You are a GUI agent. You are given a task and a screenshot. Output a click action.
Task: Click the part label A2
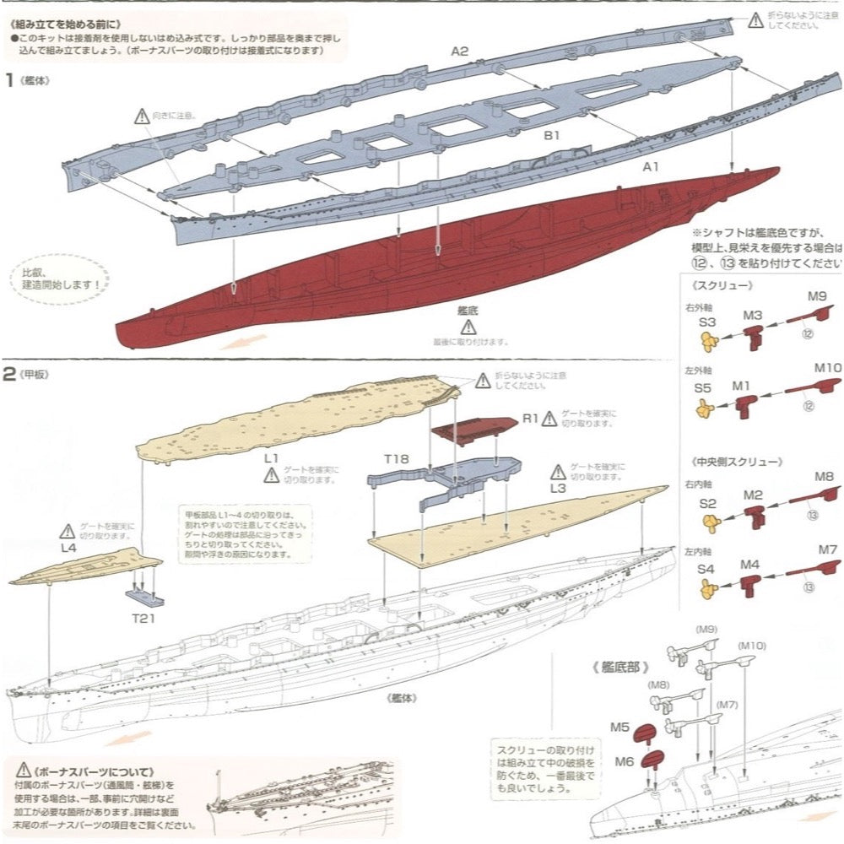point(459,51)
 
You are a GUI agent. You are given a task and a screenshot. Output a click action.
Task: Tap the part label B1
point(553,134)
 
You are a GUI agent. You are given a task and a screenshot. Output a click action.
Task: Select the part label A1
point(650,167)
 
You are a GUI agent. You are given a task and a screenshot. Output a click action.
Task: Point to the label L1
point(271,457)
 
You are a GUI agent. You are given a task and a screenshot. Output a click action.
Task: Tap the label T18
point(396,459)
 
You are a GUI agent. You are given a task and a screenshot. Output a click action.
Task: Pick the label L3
point(558,489)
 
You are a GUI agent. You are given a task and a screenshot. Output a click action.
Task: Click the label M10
point(828,368)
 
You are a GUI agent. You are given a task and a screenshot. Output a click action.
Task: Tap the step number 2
point(9,374)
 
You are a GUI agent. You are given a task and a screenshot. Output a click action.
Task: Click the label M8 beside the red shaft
point(825,477)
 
